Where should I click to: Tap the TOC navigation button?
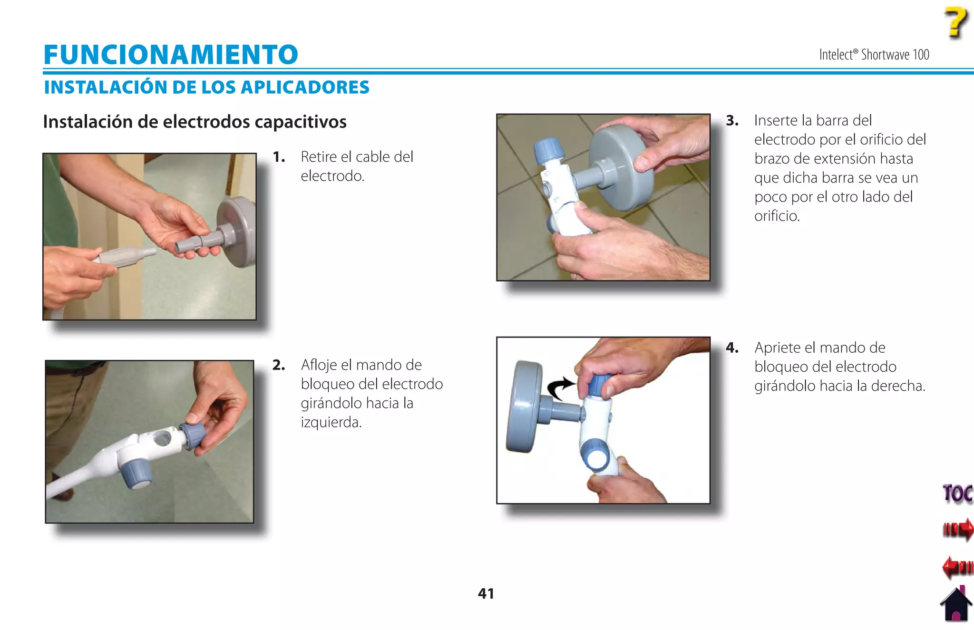[x=957, y=494]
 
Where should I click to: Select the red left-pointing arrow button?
[x=957, y=567]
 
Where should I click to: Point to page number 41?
[x=486, y=593]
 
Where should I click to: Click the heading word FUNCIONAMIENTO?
[x=171, y=55]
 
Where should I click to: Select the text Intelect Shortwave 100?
[x=874, y=55]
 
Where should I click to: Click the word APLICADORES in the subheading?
[x=305, y=87]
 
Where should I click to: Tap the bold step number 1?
[x=279, y=157]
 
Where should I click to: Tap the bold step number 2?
[x=279, y=365]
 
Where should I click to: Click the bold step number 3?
[x=732, y=121]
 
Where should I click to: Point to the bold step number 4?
[x=732, y=348]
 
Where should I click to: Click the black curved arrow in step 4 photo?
[x=560, y=388]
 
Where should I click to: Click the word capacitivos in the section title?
[x=301, y=122]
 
